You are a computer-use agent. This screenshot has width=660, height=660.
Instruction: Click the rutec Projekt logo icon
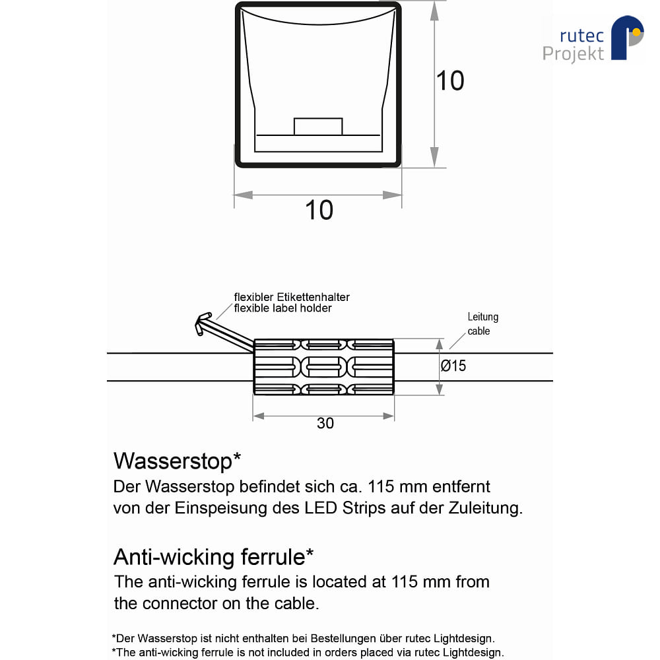[x=627, y=37]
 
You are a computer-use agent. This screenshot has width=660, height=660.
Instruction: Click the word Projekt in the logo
[x=573, y=54]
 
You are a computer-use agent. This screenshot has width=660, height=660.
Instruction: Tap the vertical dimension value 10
[x=450, y=81]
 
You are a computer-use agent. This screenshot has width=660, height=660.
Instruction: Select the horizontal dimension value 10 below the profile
[x=319, y=210]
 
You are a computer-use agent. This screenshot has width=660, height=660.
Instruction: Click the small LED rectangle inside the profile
[x=318, y=126]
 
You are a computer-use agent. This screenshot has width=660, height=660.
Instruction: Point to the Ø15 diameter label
[x=453, y=366]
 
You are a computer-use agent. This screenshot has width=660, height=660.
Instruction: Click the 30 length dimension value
[x=325, y=423]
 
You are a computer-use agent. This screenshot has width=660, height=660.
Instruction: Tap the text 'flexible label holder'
[x=283, y=308]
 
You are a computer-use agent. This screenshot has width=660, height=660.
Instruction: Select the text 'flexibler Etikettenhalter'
[x=292, y=297]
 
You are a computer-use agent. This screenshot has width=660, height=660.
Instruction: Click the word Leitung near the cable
[x=483, y=317]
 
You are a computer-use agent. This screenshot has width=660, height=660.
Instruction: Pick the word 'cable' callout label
[x=478, y=331]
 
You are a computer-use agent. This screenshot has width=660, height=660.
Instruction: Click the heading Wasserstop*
[x=177, y=461]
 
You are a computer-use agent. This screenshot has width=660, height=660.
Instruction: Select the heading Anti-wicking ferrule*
[x=213, y=557]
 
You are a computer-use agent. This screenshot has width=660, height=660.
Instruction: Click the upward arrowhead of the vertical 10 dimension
[x=434, y=11]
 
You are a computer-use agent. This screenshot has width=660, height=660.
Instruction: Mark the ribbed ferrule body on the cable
[x=323, y=366]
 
